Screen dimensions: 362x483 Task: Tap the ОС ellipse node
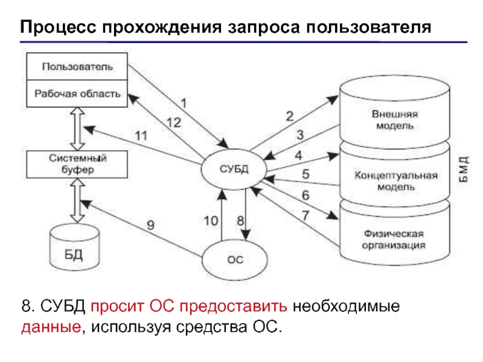(234, 260)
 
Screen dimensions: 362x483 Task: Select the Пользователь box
(77, 66)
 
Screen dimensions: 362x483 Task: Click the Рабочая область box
(77, 94)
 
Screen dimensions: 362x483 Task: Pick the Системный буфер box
(78, 165)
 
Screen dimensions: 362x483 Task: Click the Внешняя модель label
(392, 119)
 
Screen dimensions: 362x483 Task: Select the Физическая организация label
(393, 239)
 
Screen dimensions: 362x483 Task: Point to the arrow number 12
(173, 122)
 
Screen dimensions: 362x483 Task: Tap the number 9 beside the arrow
(150, 225)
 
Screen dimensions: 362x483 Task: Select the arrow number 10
(211, 221)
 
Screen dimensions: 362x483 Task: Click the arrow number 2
(289, 116)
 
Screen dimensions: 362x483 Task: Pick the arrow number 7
(305, 215)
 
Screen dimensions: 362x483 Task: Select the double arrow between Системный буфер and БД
(77, 202)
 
